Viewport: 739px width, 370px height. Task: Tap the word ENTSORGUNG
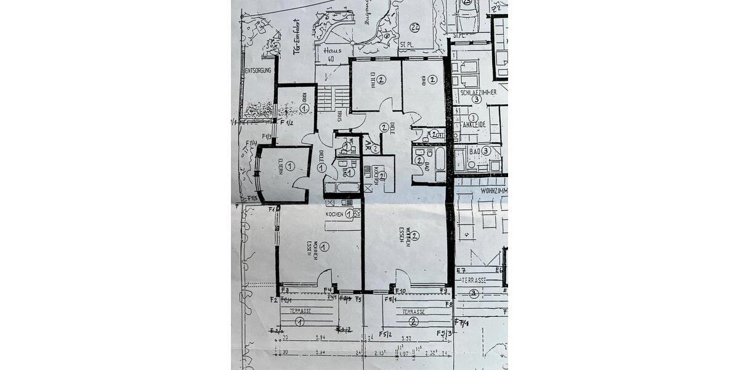(257, 71)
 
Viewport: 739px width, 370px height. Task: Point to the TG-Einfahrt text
(297, 39)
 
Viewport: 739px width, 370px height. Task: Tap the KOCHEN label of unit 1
(335, 213)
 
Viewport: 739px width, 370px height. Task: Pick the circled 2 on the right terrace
(414, 321)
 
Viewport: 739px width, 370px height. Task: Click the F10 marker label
(400, 290)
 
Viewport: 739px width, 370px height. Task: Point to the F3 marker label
(285, 290)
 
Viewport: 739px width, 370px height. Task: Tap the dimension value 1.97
(405, 353)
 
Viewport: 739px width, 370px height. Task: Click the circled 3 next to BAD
(486, 150)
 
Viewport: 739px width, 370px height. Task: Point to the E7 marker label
(460, 271)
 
